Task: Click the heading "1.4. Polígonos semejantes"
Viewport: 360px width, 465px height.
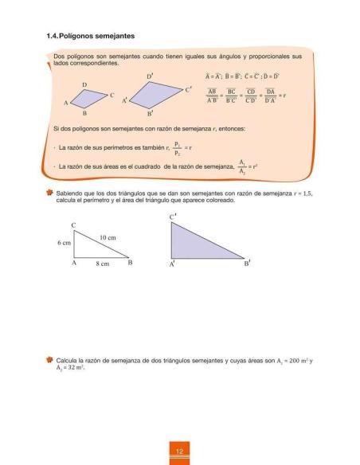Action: [90, 36]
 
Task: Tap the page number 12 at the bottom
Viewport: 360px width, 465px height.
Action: [180, 453]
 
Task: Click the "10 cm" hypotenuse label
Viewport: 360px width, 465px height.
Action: [108, 238]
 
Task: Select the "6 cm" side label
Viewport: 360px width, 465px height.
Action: [63, 242]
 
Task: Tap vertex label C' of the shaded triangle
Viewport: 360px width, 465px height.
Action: [173, 217]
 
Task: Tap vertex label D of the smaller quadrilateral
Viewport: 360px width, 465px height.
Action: [84, 84]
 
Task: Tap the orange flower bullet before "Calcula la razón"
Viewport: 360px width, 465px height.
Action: [49, 361]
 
